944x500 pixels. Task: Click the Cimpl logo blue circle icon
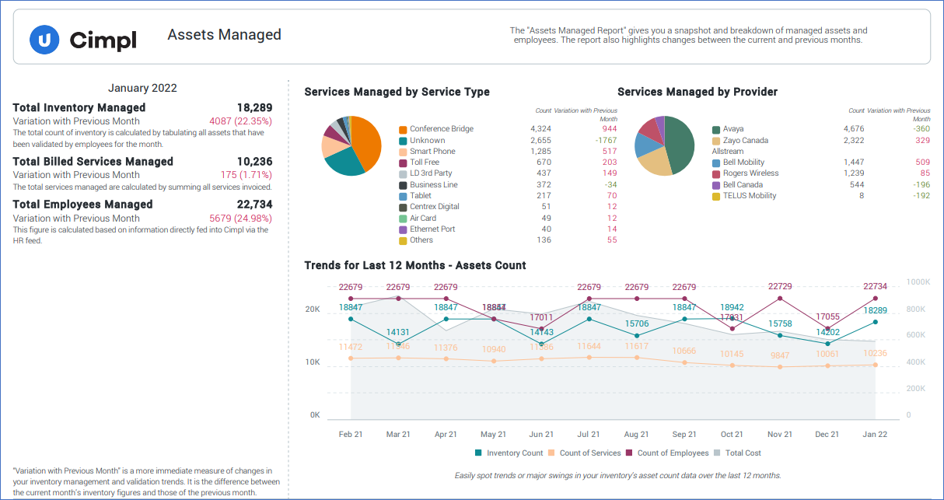tap(44, 39)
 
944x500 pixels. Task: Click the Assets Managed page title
tap(224, 35)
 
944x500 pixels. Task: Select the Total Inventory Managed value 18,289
tap(254, 108)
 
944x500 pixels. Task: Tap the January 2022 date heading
tap(142, 89)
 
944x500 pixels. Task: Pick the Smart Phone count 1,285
tap(540, 152)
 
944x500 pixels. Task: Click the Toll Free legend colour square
tap(403, 163)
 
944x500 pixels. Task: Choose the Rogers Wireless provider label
tap(750, 173)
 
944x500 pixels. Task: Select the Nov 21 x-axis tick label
tap(780, 435)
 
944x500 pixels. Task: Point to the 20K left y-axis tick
tap(312, 309)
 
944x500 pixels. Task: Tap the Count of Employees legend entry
tap(666, 453)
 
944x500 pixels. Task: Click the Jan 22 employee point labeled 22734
tap(876, 299)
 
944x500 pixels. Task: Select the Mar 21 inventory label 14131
tap(398, 333)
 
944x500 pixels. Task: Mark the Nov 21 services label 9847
tap(780, 355)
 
